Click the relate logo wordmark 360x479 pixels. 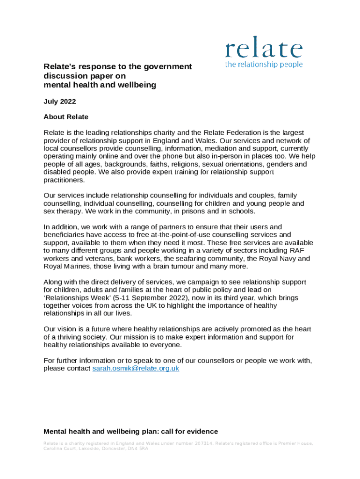264,50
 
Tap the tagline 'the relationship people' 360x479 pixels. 264,65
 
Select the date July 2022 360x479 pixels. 59,101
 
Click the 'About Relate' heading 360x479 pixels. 65,116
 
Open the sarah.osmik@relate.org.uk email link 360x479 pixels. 136,368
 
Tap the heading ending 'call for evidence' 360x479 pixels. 130,431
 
